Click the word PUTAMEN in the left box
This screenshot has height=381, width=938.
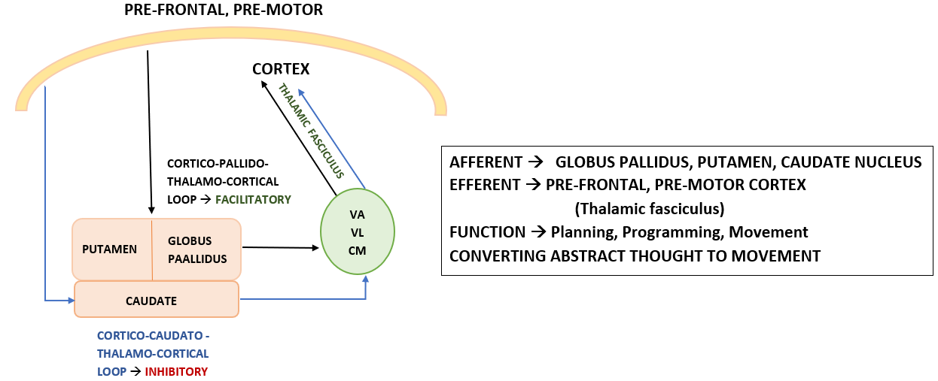pos(109,249)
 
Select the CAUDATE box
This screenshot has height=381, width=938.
pos(156,301)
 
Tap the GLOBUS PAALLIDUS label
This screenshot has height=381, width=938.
pos(190,249)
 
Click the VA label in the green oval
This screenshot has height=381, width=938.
pos(357,214)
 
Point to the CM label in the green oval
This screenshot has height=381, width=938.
pos(357,250)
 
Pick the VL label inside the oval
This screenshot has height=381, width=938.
pos(357,232)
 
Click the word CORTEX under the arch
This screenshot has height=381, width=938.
pos(281,69)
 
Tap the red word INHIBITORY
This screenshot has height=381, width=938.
pos(176,371)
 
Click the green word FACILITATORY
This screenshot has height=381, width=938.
pos(253,200)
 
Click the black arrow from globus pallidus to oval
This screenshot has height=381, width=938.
pos(279,246)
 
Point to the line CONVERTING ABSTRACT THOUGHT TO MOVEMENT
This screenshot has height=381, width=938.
pos(635,256)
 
